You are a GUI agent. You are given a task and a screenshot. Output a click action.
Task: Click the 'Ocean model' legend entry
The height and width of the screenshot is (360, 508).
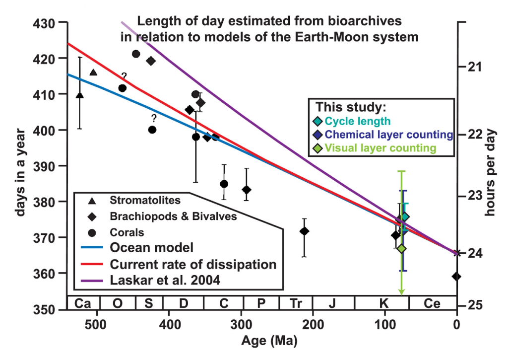144,248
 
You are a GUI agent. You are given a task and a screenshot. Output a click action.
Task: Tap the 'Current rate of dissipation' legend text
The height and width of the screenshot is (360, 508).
192,264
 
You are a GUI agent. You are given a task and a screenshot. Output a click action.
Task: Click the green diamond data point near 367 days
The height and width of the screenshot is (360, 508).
401,248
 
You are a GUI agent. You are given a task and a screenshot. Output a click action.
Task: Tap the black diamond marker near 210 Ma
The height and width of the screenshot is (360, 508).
304,231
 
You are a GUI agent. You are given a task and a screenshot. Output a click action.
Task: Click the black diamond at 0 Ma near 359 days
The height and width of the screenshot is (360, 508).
456,277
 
